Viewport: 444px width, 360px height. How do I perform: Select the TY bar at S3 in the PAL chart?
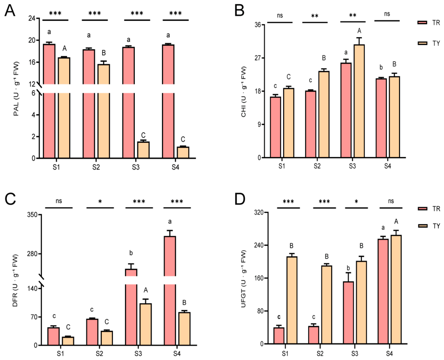[143, 150]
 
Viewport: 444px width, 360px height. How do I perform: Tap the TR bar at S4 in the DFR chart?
[170, 290]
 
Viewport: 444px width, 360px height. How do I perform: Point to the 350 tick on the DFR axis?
[32, 215]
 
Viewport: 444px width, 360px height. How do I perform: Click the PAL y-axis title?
[16, 89]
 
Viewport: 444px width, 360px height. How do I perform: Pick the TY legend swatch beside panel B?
[422, 43]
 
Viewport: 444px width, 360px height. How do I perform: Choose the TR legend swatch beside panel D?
[422, 209]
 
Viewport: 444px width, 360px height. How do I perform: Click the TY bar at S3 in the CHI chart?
[359, 101]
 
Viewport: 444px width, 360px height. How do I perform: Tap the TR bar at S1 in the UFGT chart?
[279, 336]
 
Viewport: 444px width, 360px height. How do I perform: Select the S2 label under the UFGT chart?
[320, 354]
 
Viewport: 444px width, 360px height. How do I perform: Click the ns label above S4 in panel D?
[391, 201]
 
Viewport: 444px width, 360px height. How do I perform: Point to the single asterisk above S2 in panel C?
[100, 202]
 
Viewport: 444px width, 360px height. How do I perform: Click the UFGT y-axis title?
[243, 279]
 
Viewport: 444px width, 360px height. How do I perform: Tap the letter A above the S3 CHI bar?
[360, 31]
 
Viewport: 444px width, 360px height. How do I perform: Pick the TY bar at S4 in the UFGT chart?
[396, 290]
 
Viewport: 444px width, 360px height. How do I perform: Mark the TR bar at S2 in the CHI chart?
[310, 124]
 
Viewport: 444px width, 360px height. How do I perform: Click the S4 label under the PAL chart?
[176, 167]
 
